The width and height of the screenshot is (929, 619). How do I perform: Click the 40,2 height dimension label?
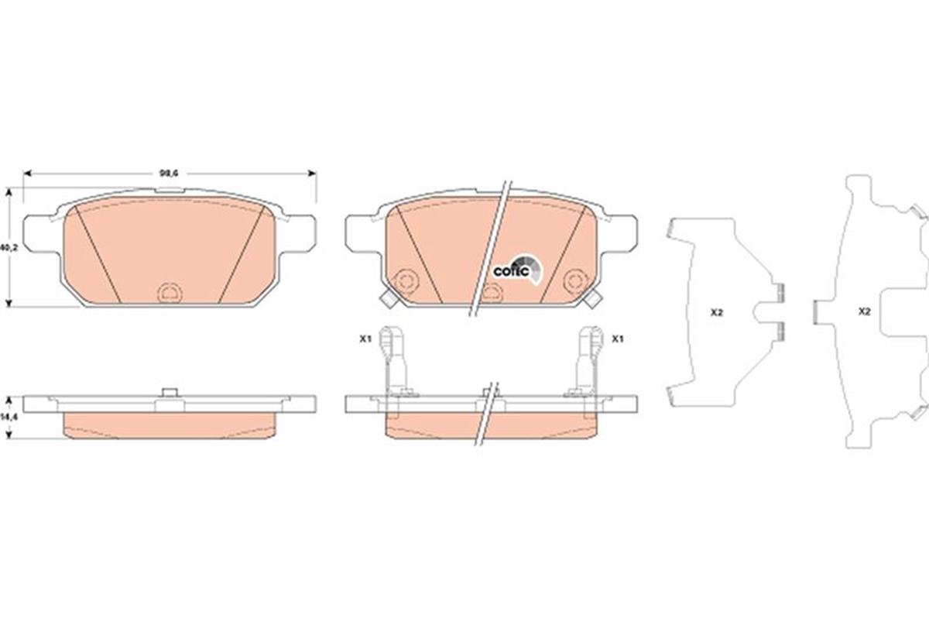point(7,248)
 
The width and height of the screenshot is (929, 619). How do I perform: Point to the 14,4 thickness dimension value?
point(7,417)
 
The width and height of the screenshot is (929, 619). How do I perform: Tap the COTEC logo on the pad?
point(513,270)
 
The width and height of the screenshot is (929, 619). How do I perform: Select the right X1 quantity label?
point(618,339)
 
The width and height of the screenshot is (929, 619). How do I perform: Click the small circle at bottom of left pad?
point(168,292)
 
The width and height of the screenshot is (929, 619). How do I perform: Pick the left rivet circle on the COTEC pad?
point(403,280)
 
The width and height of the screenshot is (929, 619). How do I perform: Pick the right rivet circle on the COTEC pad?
point(574,280)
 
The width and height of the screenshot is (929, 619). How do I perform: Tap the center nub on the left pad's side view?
point(168,393)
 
